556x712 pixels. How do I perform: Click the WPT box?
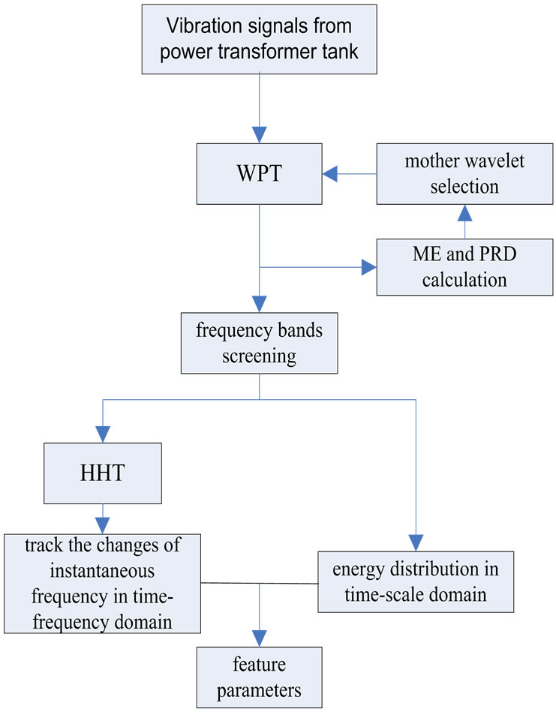click(259, 175)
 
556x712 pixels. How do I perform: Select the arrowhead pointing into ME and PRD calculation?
click(368, 268)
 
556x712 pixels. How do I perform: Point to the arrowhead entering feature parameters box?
click(259, 638)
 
